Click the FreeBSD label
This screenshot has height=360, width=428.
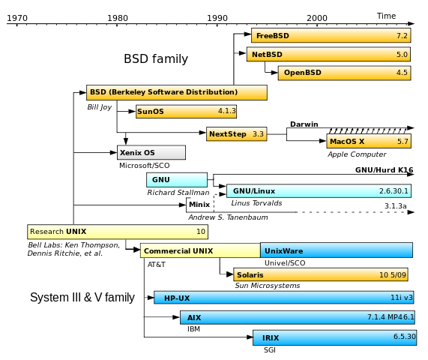(x=272, y=36)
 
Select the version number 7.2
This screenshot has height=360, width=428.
(x=402, y=36)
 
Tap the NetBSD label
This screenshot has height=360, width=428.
(x=267, y=55)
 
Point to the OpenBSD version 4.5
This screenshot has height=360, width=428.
(x=402, y=73)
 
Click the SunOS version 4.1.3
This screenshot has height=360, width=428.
(x=226, y=111)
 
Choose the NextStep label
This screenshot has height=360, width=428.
(x=228, y=134)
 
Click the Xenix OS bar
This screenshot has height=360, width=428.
(x=151, y=153)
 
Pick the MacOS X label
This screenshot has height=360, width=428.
(x=346, y=141)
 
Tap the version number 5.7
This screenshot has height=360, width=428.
(x=403, y=141)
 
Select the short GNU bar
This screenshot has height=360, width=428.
(x=177, y=180)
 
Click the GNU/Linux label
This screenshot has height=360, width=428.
(x=253, y=191)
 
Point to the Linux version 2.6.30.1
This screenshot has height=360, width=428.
(x=394, y=191)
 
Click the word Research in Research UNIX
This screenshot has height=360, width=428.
(x=46, y=232)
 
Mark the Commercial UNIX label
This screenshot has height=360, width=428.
(x=178, y=251)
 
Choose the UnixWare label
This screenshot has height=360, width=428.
(x=283, y=251)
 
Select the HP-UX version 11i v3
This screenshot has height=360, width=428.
(x=401, y=298)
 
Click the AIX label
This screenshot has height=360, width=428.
(x=194, y=318)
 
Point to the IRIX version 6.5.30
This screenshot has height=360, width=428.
(x=404, y=337)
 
